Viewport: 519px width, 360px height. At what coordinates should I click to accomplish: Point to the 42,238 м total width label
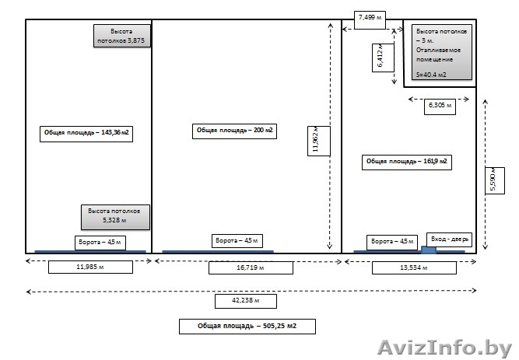coord(245,300)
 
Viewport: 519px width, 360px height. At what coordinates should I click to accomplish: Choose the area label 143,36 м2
coord(86,133)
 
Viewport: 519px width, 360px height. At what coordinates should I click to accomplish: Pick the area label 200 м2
coord(236,130)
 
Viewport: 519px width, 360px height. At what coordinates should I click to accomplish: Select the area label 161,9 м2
coord(406,161)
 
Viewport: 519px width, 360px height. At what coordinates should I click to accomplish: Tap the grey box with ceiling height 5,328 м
coord(114,216)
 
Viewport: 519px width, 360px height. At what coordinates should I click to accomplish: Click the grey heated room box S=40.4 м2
coord(442,52)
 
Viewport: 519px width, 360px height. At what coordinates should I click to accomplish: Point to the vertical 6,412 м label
coord(380,56)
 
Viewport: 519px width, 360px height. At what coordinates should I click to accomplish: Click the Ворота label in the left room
coord(99,242)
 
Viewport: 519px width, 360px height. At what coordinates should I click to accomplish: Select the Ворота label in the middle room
coord(237,240)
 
